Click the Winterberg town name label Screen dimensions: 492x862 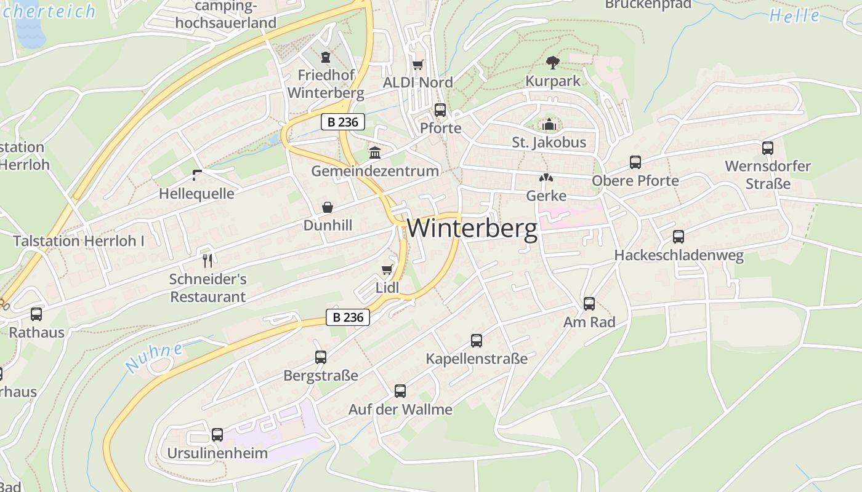point(472,228)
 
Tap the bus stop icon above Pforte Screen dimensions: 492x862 point(440,110)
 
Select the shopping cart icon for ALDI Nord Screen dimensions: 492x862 point(418,65)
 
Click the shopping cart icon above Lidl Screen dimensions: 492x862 point(387,269)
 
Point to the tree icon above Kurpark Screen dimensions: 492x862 point(553,62)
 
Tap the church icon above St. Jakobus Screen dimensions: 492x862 point(549,125)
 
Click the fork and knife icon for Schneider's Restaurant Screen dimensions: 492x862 point(207,260)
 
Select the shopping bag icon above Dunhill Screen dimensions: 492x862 point(328,207)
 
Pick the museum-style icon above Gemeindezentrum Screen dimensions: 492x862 point(375,153)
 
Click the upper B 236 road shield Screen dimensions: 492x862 point(343,122)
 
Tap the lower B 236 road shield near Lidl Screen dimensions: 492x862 point(348,317)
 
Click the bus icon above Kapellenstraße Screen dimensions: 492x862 point(477,340)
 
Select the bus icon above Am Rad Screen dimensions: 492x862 point(589,303)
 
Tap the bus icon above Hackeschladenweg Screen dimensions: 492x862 point(679,237)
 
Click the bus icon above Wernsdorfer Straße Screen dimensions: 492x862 point(768,148)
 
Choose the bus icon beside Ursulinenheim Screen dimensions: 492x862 point(217,435)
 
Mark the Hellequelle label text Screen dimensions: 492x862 point(196,194)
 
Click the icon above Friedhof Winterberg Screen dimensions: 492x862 point(326,57)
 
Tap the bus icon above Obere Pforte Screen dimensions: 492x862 point(635,162)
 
